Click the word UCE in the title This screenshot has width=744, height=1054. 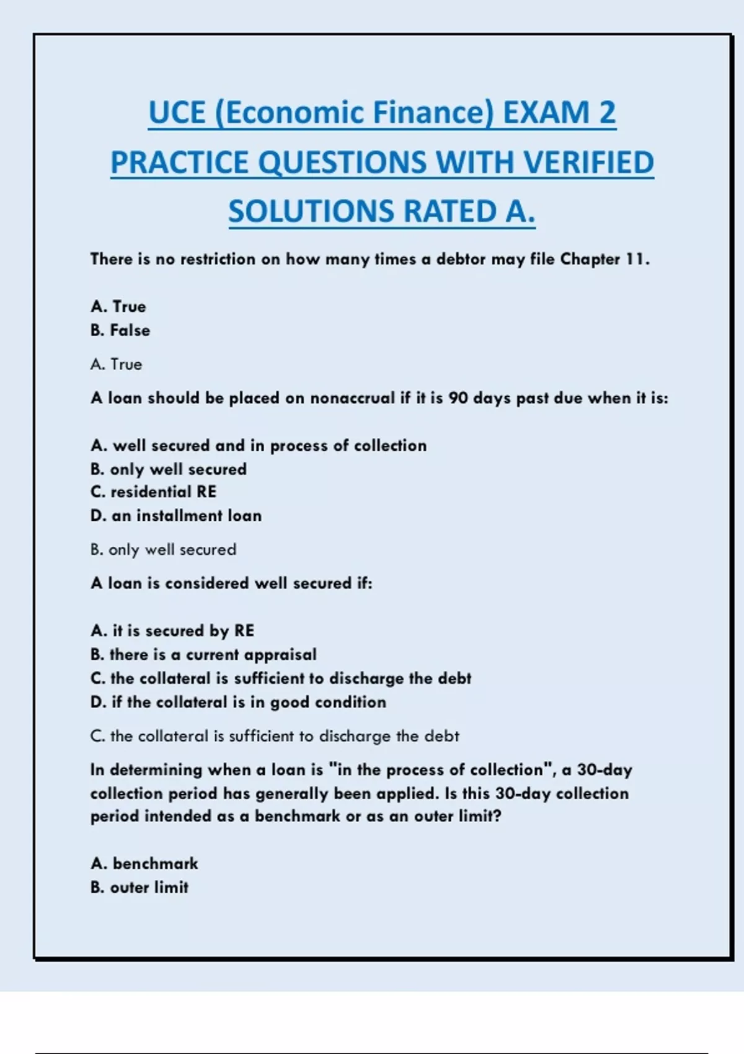pyautogui.click(x=177, y=113)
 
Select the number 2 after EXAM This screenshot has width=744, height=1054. pyautogui.click(x=607, y=113)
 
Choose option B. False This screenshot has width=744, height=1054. pyautogui.click(x=120, y=330)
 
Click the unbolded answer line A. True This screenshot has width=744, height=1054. pyautogui.click(x=116, y=365)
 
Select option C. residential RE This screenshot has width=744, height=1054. pyautogui.click(x=153, y=492)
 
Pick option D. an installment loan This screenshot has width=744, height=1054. pyautogui.click(x=176, y=516)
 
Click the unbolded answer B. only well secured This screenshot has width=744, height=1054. pyautogui.click(x=163, y=550)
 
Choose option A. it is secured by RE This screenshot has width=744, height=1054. pyautogui.click(x=172, y=631)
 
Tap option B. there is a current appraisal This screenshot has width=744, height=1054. pyautogui.click(x=203, y=655)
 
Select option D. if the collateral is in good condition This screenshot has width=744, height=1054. pyautogui.click(x=238, y=702)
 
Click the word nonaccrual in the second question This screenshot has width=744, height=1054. pyautogui.click(x=352, y=398)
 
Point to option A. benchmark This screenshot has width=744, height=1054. pyautogui.click(x=144, y=864)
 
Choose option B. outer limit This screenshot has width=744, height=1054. pyautogui.click(x=139, y=888)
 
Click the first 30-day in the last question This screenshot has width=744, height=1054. pyautogui.click(x=604, y=770)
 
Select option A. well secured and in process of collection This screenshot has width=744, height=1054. pyautogui.click(x=259, y=446)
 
